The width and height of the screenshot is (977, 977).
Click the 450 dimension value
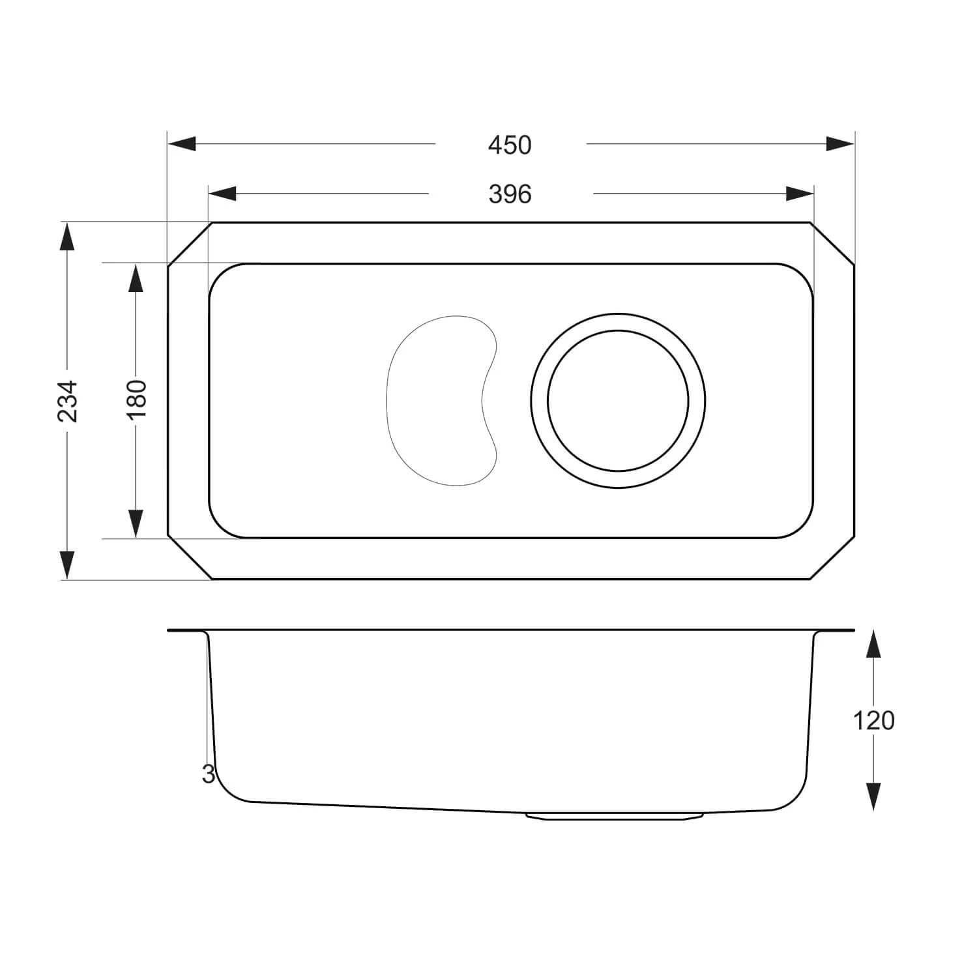click(x=510, y=145)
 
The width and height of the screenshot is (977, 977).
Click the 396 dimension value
click(x=510, y=194)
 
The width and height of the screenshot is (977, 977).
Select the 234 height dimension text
click(x=68, y=401)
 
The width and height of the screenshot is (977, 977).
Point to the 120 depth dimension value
click(x=873, y=721)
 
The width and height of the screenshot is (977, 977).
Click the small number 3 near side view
click(x=208, y=774)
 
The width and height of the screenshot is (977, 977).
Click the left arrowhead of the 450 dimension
click(x=182, y=143)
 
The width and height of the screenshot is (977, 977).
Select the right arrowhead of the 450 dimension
click(x=840, y=143)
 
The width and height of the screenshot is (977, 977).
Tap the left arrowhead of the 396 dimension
click(x=222, y=194)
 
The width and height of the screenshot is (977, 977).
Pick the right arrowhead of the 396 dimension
click(x=800, y=194)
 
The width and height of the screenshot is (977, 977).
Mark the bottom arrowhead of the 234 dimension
click(x=66, y=564)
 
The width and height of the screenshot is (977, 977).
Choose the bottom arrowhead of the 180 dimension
click(x=136, y=523)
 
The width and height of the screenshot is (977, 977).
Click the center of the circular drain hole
click(x=618, y=400)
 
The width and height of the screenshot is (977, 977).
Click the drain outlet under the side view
click(x=613, y=816)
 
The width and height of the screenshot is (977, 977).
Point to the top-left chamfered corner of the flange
click(x=189, y=244)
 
